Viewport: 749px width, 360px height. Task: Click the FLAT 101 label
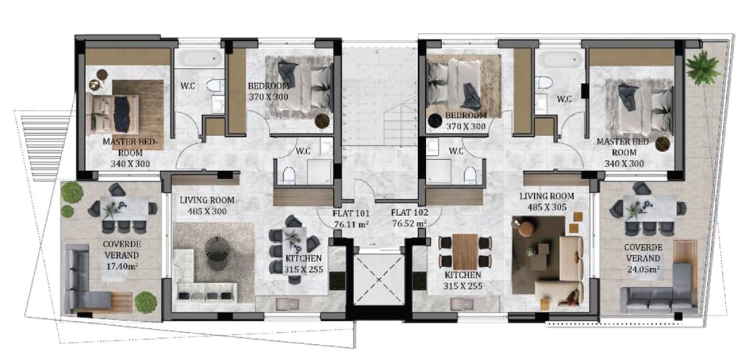[x=351, y=214]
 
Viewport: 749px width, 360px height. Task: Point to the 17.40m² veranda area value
[x=122, y=266]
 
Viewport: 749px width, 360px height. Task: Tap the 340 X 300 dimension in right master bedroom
[x=624, y=164]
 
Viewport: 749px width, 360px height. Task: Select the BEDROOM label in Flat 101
[x=268, y=86]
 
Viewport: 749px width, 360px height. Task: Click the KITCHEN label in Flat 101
[x=303, y=258]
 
